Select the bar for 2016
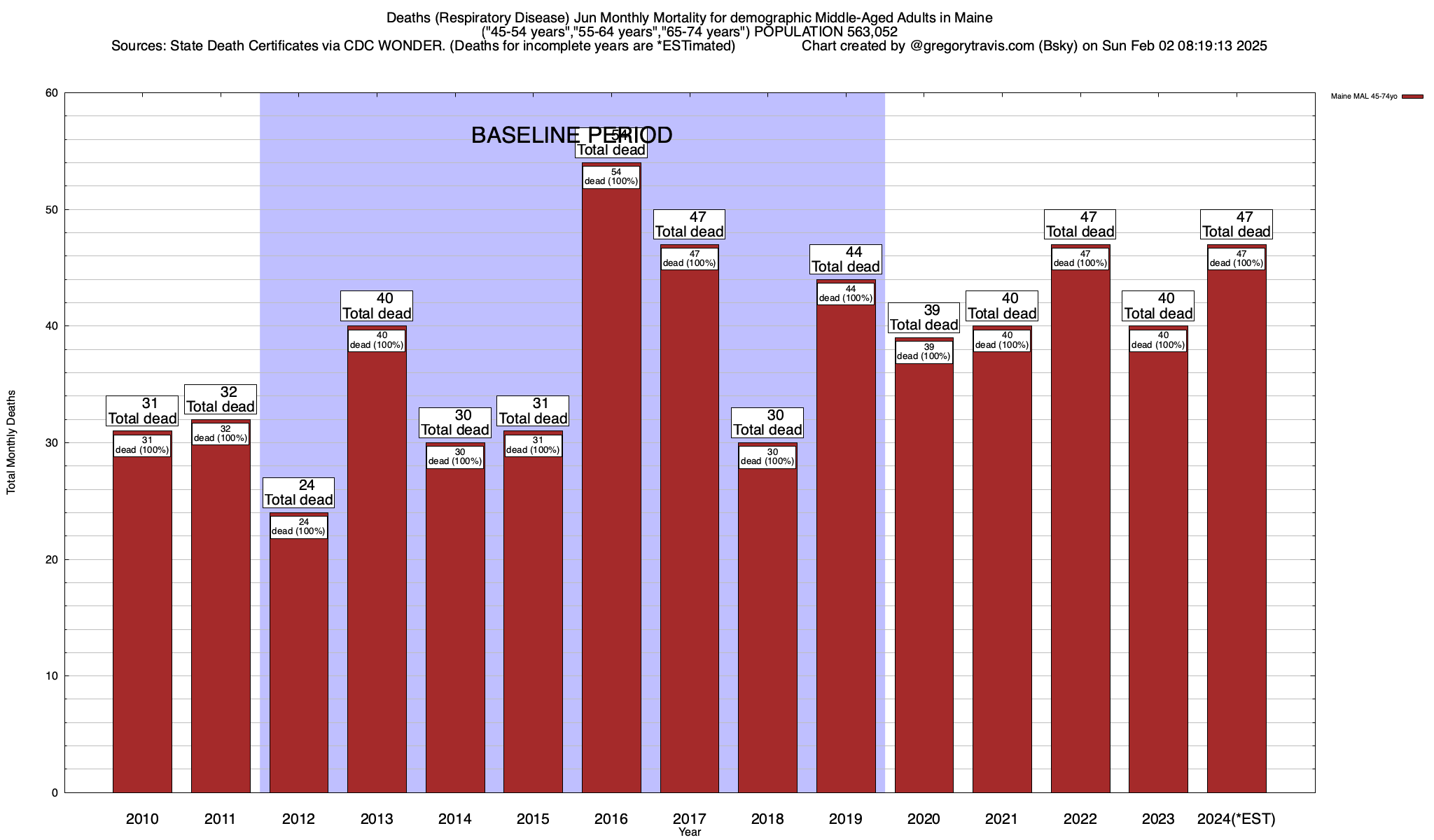pos(611,490)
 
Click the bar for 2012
pos(298,665)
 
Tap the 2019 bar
pos(846,546)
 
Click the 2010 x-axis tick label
pos(142,819)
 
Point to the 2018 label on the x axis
pos(767,819)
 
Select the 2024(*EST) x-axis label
pos(1237,819)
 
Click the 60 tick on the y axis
pos(52,93)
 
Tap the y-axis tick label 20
pos(52,559)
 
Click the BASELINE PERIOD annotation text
pos(571,135)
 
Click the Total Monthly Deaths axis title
pos(11,442)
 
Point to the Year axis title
pos(690,832)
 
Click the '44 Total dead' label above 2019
pos(846,259)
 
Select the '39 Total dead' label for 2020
pos(924,318)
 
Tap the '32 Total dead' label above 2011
pos(221,399)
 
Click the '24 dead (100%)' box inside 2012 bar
pos(298,526)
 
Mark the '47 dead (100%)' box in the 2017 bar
pos(690,258)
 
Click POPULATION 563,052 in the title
pos(826,31)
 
